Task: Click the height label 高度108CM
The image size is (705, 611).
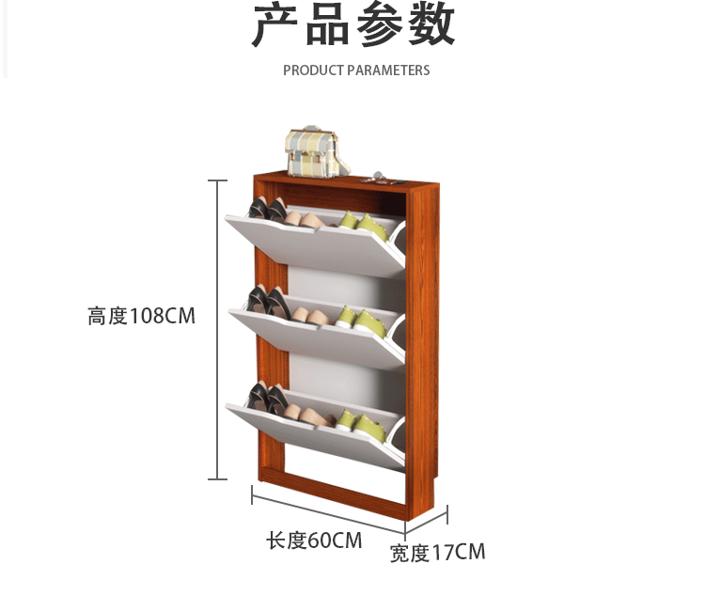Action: click(x=142, y=316)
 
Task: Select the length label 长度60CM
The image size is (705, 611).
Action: click(x=314, y=540)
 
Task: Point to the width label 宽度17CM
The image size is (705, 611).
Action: click(x=438, y=553)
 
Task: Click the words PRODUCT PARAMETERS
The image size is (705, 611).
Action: click(x=356, y=70)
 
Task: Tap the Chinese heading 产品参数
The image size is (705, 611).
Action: click(x=353, y=26)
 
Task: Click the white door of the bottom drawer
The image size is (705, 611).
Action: click(x=315, y=432)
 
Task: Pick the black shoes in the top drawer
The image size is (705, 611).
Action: click(x=266, y=210)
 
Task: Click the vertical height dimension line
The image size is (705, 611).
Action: click(x=218, y=329)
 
